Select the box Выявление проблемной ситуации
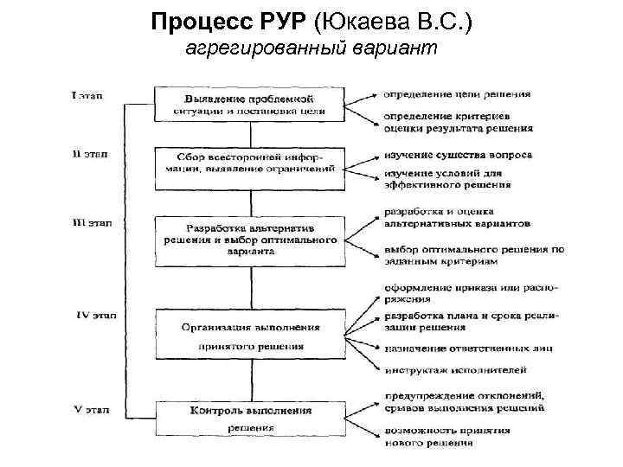(x=248, y=102)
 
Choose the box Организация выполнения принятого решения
(x=248, y=334)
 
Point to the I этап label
(x=87, y=95)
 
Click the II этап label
(x=88, y=155)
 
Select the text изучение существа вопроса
(x=458, y=156)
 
